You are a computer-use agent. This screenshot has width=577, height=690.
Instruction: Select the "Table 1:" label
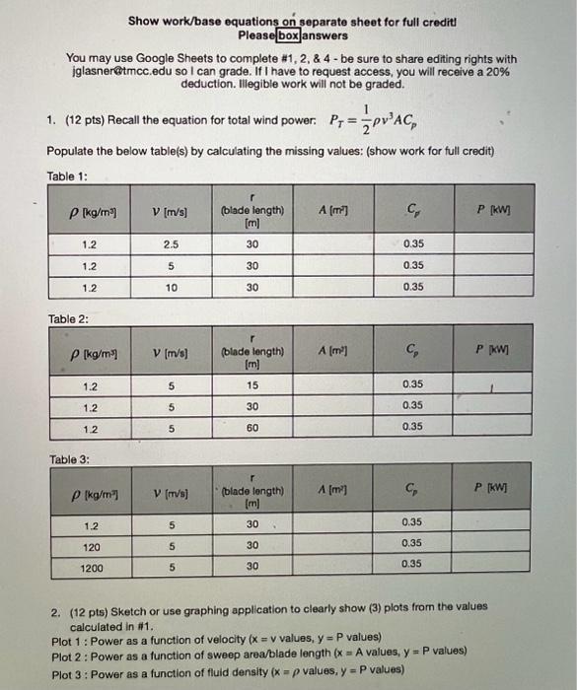pyautogui.click(x=67, y=175)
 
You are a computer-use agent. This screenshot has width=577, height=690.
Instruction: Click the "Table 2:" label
pyautogui.click(x=69, y=319)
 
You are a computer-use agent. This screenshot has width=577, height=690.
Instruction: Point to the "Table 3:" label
pyautogui.click(x=69, y=459)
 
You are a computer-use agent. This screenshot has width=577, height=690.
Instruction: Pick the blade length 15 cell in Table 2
pyautogui.click(x=252, y=386)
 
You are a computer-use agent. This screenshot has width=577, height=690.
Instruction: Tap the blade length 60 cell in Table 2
pyautogui.click(x=252, y=427)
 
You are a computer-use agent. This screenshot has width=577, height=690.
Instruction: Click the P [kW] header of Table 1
pyautogui.click(x=511, y=210)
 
